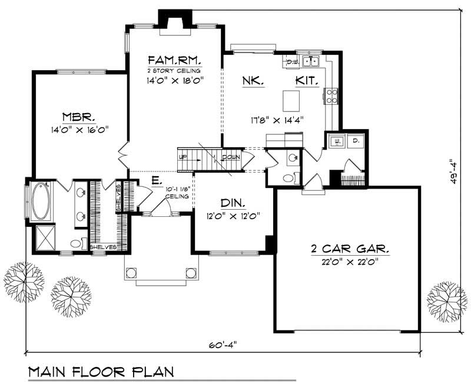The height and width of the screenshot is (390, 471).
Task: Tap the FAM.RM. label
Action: pyautogui.click(x=174, y=60)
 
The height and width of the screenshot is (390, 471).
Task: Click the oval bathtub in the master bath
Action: pyautogui.click(x=41, y=201)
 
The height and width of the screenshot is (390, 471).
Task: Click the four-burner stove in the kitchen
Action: pyautogui.click(x=331, y=95)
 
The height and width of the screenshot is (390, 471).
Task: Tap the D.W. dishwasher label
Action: pyautogui.click(x=290, y=61)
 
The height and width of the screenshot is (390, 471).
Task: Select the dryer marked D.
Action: pyautogui.click(x=356, y=141)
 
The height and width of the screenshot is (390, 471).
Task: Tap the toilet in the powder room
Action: pyautogui.click(x=288, y=177)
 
